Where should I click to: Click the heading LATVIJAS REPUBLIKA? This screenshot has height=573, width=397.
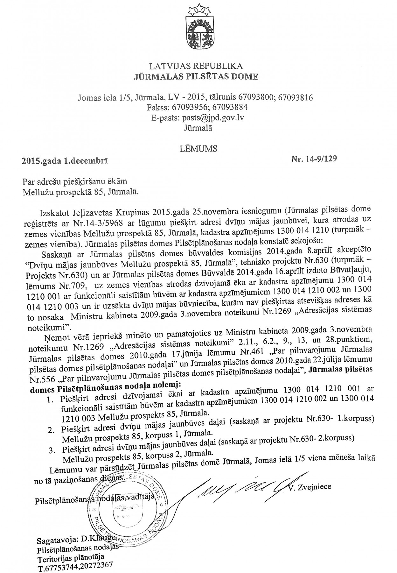[x=196, y=66]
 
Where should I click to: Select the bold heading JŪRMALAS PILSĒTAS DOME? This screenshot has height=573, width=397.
[x=196, y=76]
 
